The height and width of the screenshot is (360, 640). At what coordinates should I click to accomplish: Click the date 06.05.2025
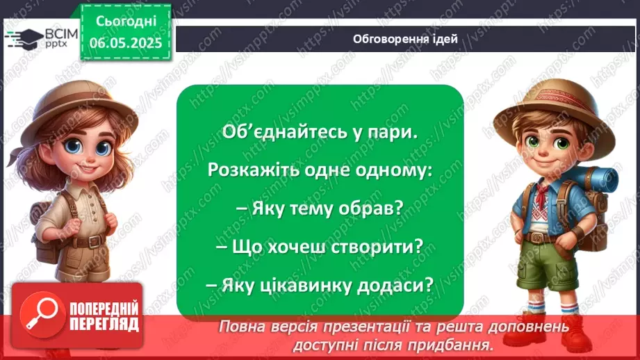pyautogui.click(x=125, y=43)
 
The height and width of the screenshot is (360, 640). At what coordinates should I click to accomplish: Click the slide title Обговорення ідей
pyautogui.click(x=405, y=39)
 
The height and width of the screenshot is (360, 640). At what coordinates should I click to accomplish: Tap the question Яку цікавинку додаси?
pyautogui.click(x=320, y=284)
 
